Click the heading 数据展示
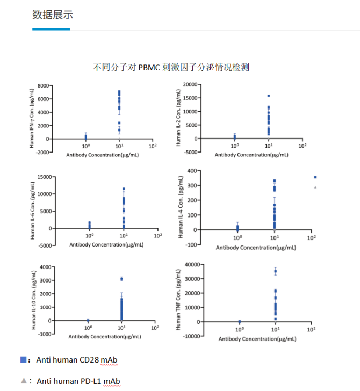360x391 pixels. pyautogui.click(x=52, y=15)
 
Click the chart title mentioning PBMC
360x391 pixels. pyautogui.click(x=171, y=68)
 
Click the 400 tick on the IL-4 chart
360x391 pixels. pyautogui.click(x=193, y=171)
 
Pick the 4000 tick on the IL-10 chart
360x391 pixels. pyautogui.click(x=45, y=267)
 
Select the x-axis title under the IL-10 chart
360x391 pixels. pyautogui.click(x=105, y=336)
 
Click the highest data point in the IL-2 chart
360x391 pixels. pyautogui.click(x=268, y=96)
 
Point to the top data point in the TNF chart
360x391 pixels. pyautogui.click(x=275, y=271)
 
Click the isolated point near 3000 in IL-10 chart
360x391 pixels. pyautogui.click(x=121, y=279)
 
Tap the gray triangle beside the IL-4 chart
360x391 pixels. pyautogui.click(x=315, y=187)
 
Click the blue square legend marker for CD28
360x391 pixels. pyautogui.click(x=23, y=359)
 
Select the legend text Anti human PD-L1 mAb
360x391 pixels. pyautogui.click(x=78, y=381)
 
